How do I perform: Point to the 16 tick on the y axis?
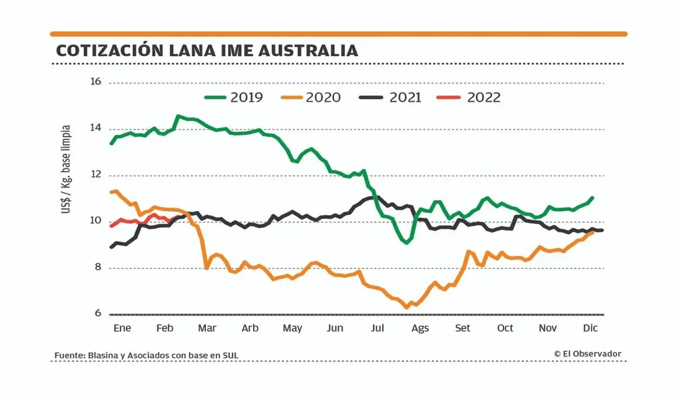pyautogui.click(x=95, y=82)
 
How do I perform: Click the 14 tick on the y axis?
pyautogui.click(x=95, y=128)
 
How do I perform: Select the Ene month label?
pyautogui.click(x=122, y=328)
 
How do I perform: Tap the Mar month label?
pyautogui.click(x=207, y=328)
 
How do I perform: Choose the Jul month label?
pyautogui.click(x=377, y=328)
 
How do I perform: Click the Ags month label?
pyautogui.click(x=420, y=328)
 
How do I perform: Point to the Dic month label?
pyautogui.click(x=591, y=328)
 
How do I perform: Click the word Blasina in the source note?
pyautogui.click(x=106, y=355)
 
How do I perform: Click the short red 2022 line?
pyautogui.click(x=135, y=220)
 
